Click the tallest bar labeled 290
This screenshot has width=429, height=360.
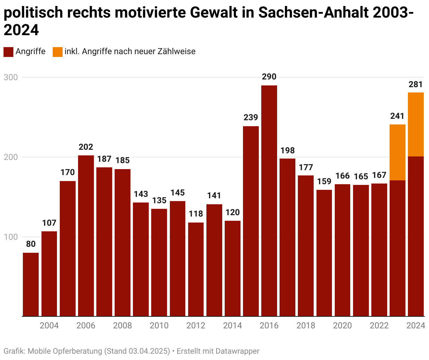click(269, 200)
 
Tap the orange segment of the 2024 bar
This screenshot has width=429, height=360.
click(416, 124)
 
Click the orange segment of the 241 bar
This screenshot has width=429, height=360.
click(397, 152)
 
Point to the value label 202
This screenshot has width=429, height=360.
click(86, 147)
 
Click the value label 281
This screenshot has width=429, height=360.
click(416, 84)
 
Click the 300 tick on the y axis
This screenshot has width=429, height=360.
click(11, 77)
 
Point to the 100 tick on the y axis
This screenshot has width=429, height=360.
click(11, 237)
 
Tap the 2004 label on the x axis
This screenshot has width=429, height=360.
click(49, 326)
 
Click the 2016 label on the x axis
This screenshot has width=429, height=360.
click(269, 326)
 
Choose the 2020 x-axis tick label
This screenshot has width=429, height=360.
click(342, 326)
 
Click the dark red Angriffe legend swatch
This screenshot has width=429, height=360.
click(8, 52)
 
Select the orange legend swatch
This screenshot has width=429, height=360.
click(58, 52)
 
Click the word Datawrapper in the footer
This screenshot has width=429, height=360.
click(237, 351)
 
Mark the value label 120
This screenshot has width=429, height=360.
click(232, 212)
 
